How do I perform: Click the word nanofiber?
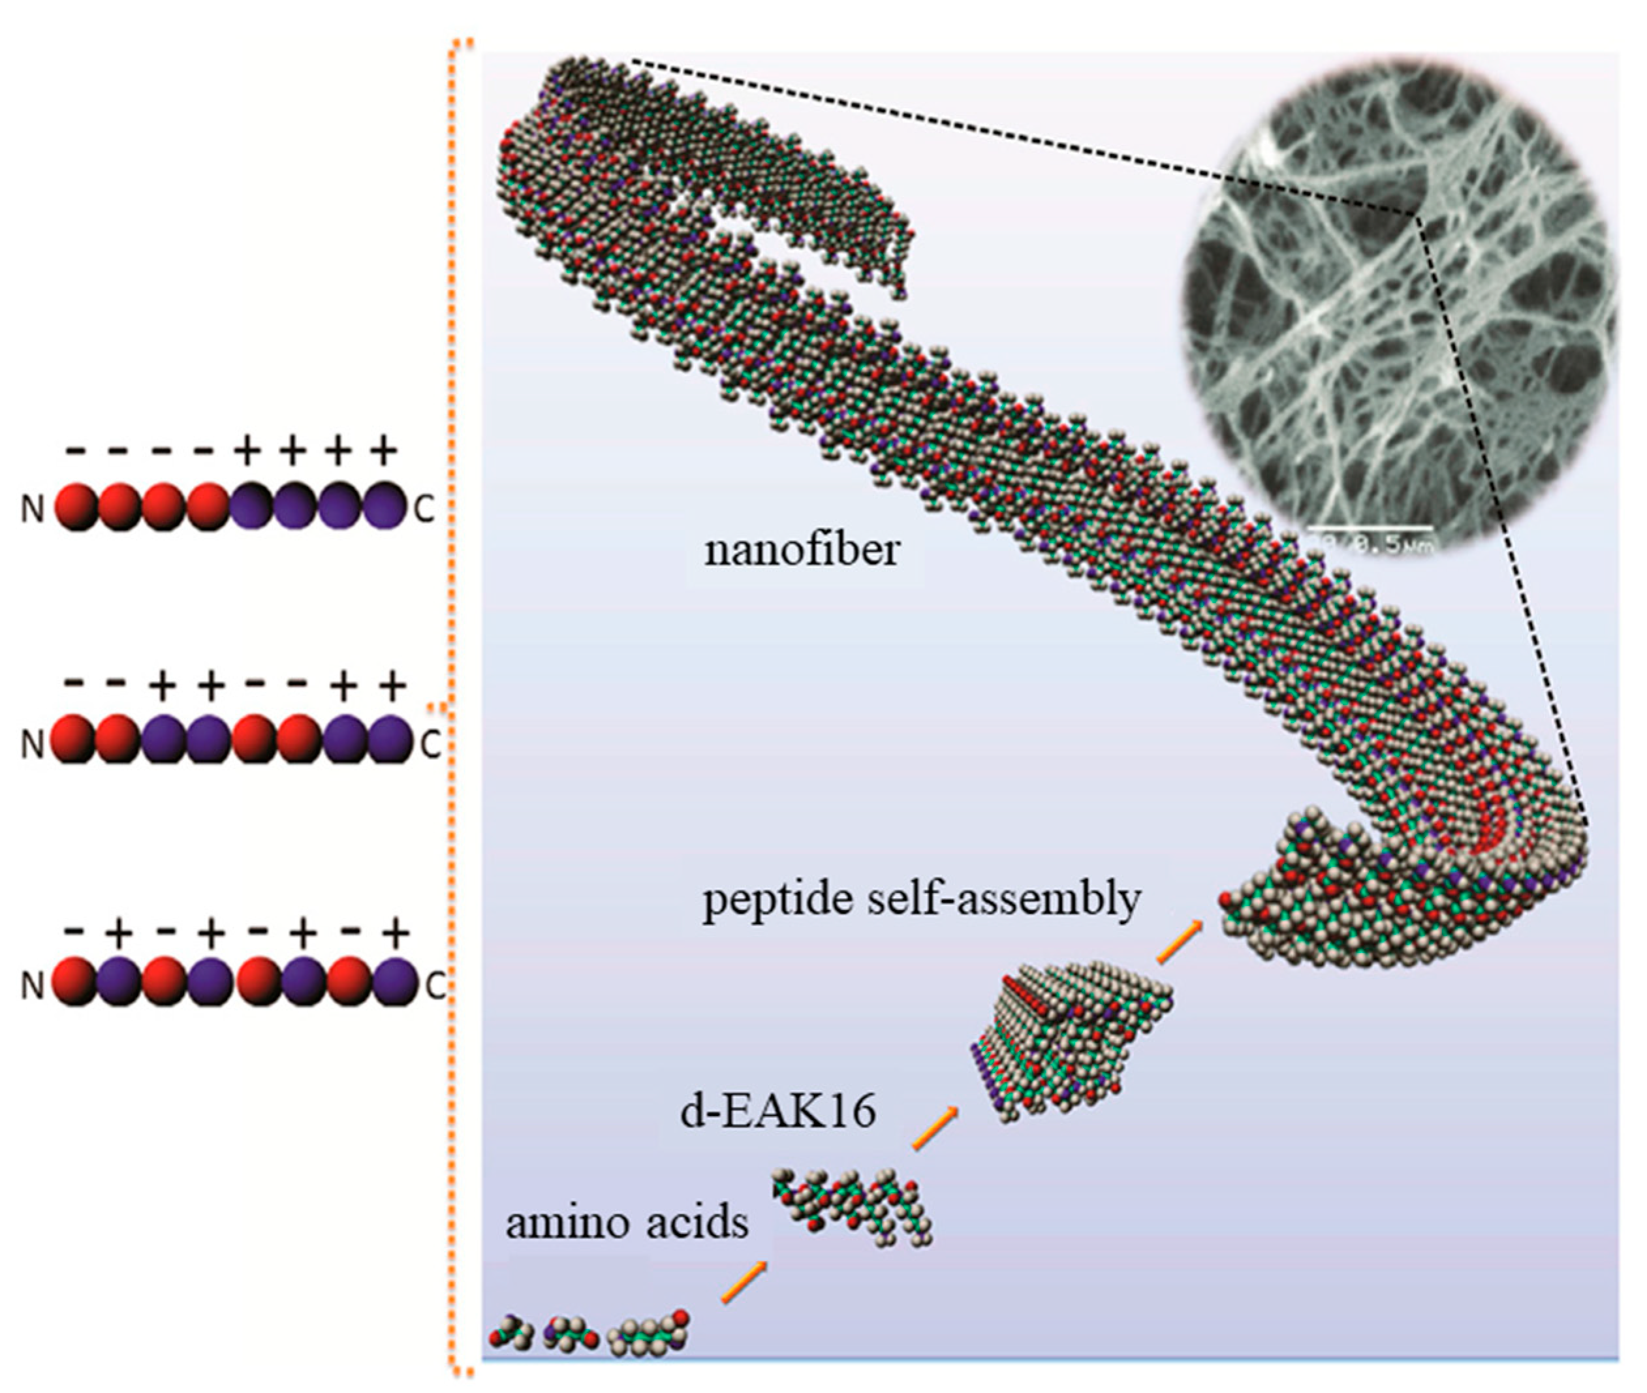[802, 550]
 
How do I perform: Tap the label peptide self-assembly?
[921, 900]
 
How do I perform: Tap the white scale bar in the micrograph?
[1370, 526]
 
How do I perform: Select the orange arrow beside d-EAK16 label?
[935, 1129]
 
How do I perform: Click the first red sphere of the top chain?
[78, 506]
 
